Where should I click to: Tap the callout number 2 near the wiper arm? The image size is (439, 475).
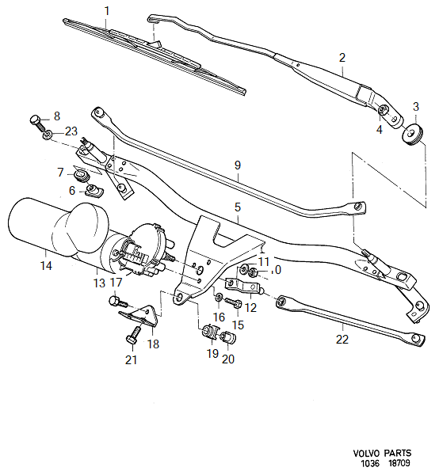[x=342, y=58]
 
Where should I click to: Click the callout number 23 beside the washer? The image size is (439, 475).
[x=71, y=132]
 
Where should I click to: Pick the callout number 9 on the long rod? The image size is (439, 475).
[x=236, y=165]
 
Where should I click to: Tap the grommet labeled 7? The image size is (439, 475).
[x=81, y=173]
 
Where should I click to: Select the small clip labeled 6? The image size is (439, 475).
[x=94, y=189]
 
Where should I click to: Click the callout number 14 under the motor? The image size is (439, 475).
[x=47, y=267]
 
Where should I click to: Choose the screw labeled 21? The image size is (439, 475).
[x=131, y=337]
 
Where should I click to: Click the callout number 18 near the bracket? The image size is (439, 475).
[x=153, y=344]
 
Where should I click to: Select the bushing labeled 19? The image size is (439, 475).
[x=212, y=331]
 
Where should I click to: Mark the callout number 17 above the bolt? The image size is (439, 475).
[x=116, y=282]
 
